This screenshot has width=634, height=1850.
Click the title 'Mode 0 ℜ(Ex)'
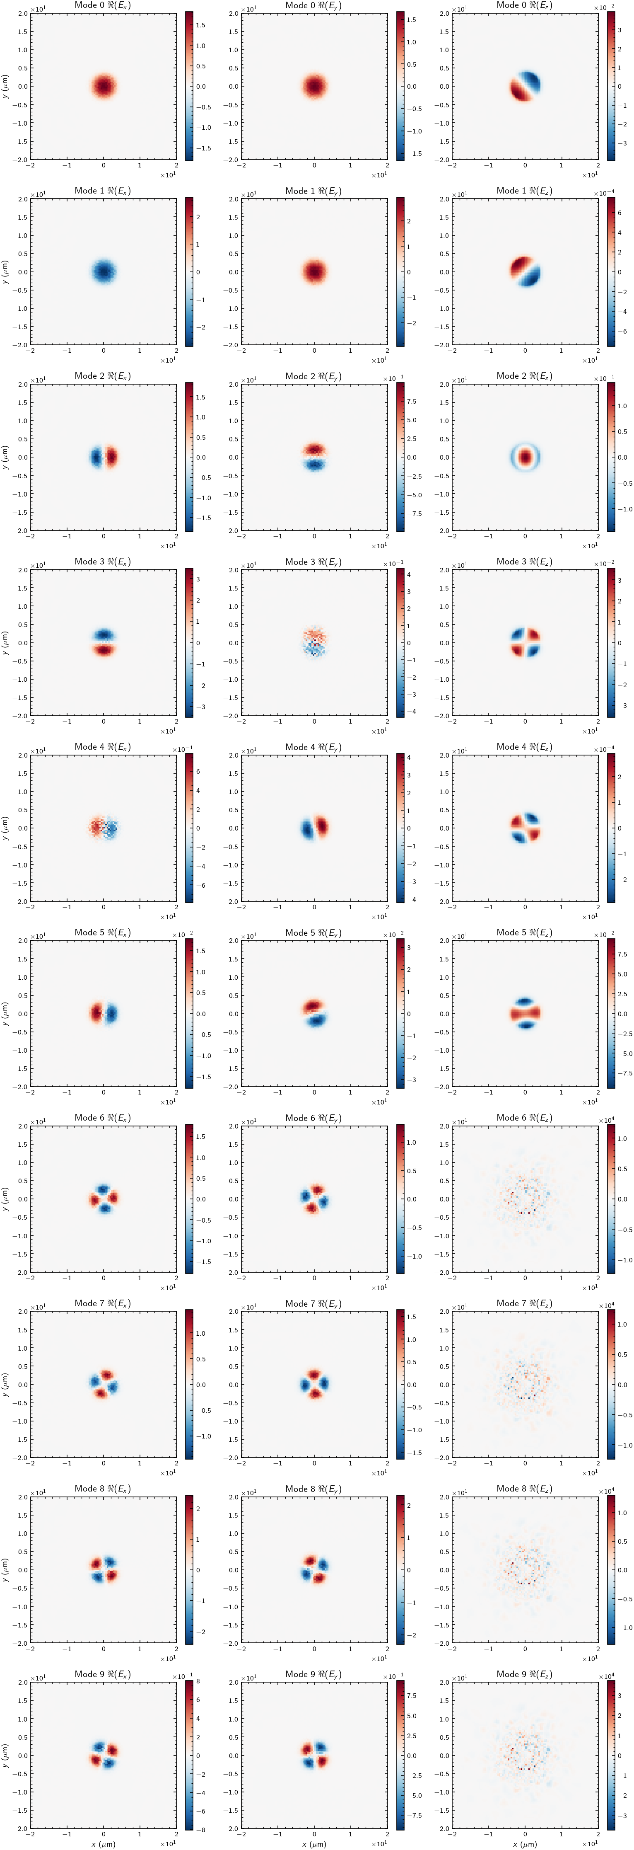[x=103, y=6]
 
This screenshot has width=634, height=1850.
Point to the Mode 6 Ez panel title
[x=524, y=1118]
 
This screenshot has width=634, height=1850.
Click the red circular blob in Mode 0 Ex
[x=104, y=86]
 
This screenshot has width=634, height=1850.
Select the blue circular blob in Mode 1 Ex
[x=104, y=271]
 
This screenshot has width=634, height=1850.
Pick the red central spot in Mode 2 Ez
[x=525, y=457]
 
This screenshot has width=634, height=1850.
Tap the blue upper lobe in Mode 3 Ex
[x=104, y=635]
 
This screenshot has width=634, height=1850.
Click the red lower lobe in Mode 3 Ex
[x=104, y=650]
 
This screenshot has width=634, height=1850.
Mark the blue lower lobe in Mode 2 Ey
[x=314, y=465]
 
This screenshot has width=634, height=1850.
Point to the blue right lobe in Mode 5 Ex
[x=111, y=1013]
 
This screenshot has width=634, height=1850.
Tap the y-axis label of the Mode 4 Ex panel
[x=6, y=828]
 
